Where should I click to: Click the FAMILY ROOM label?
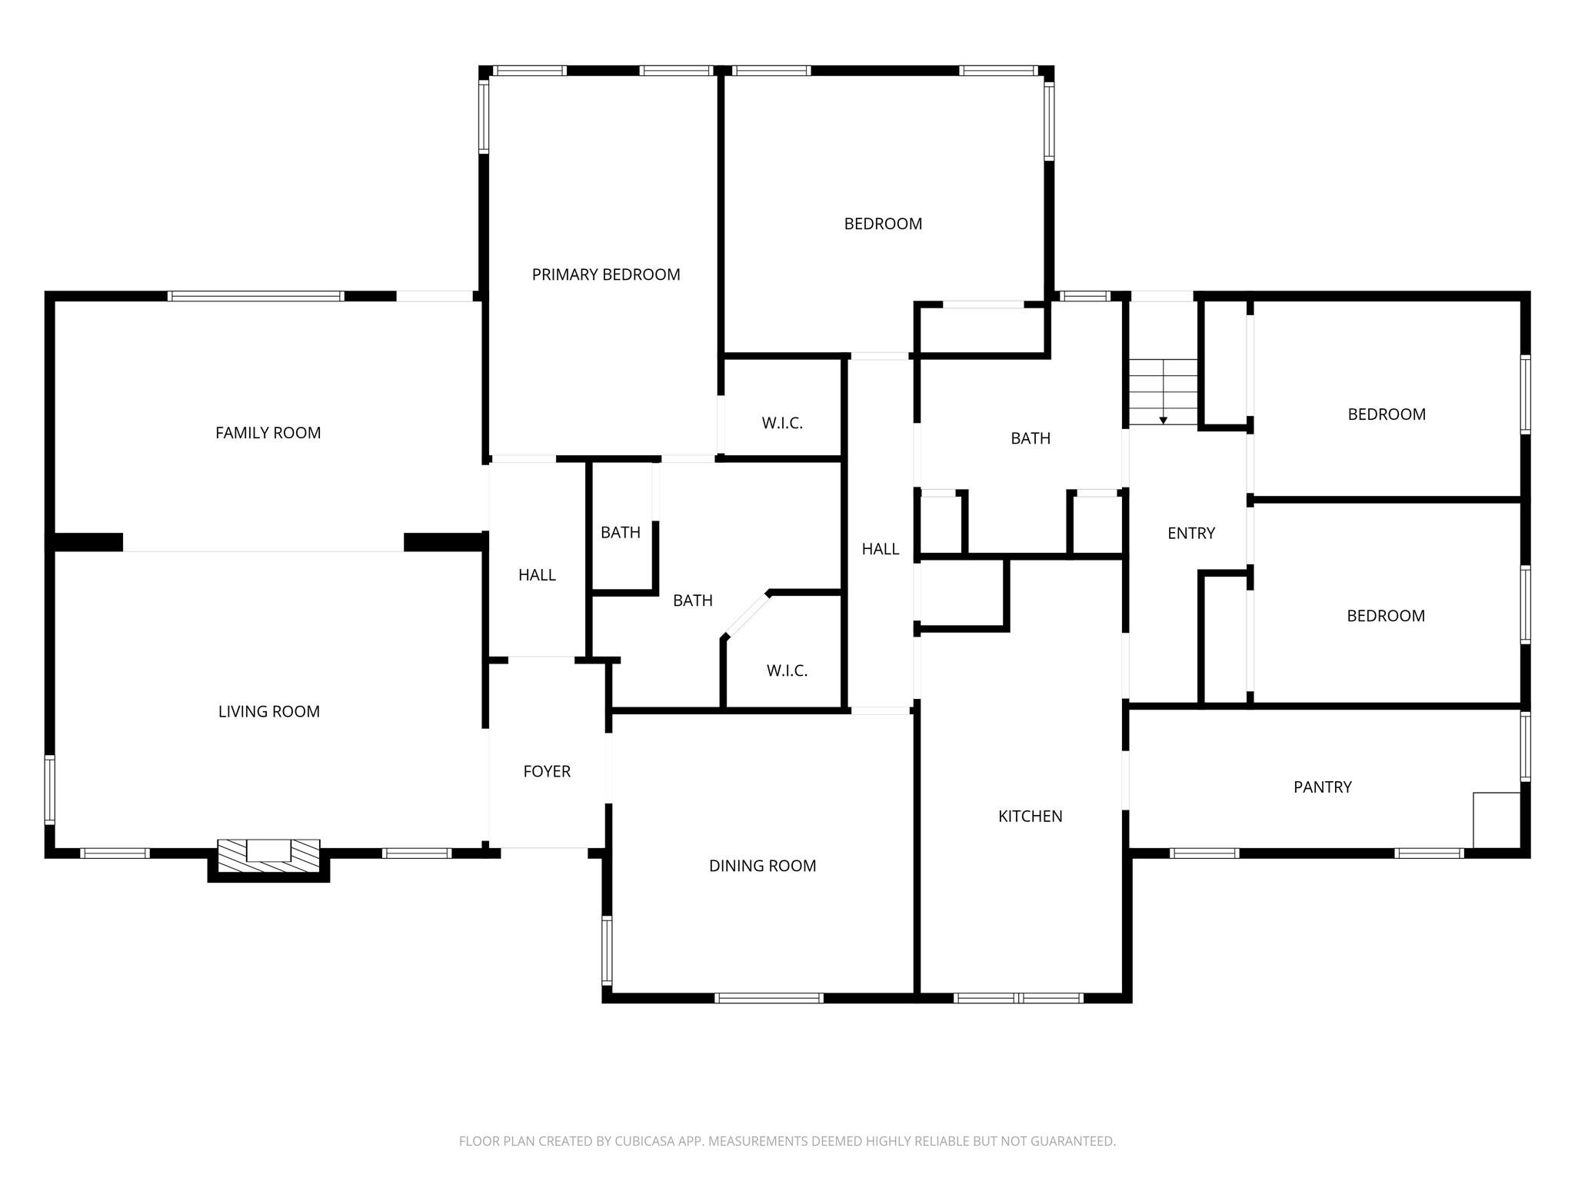coord(268,433)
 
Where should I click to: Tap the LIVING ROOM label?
coord(269,712)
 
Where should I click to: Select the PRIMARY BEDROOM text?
coord(606,274)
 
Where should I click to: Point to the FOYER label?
coord(547,771)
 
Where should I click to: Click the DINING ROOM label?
coord(762,866)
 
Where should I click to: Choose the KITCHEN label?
coord(1031,817)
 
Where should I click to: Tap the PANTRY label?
coord(1323,787)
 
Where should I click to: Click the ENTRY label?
coord(1191,534)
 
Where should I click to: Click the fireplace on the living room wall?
coord(268,856)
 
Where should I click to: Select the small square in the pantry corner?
coord(1497,820)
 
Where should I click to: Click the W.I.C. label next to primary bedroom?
coord(782,423)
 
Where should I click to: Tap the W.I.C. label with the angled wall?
coord(787,671)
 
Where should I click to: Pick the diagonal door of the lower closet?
coord(745,615)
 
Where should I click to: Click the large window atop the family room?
coord(255,296)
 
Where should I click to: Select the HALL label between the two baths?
coord(881,549)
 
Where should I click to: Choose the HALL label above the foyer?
coord(537,575)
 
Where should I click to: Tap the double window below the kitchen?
coord(1018,998)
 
